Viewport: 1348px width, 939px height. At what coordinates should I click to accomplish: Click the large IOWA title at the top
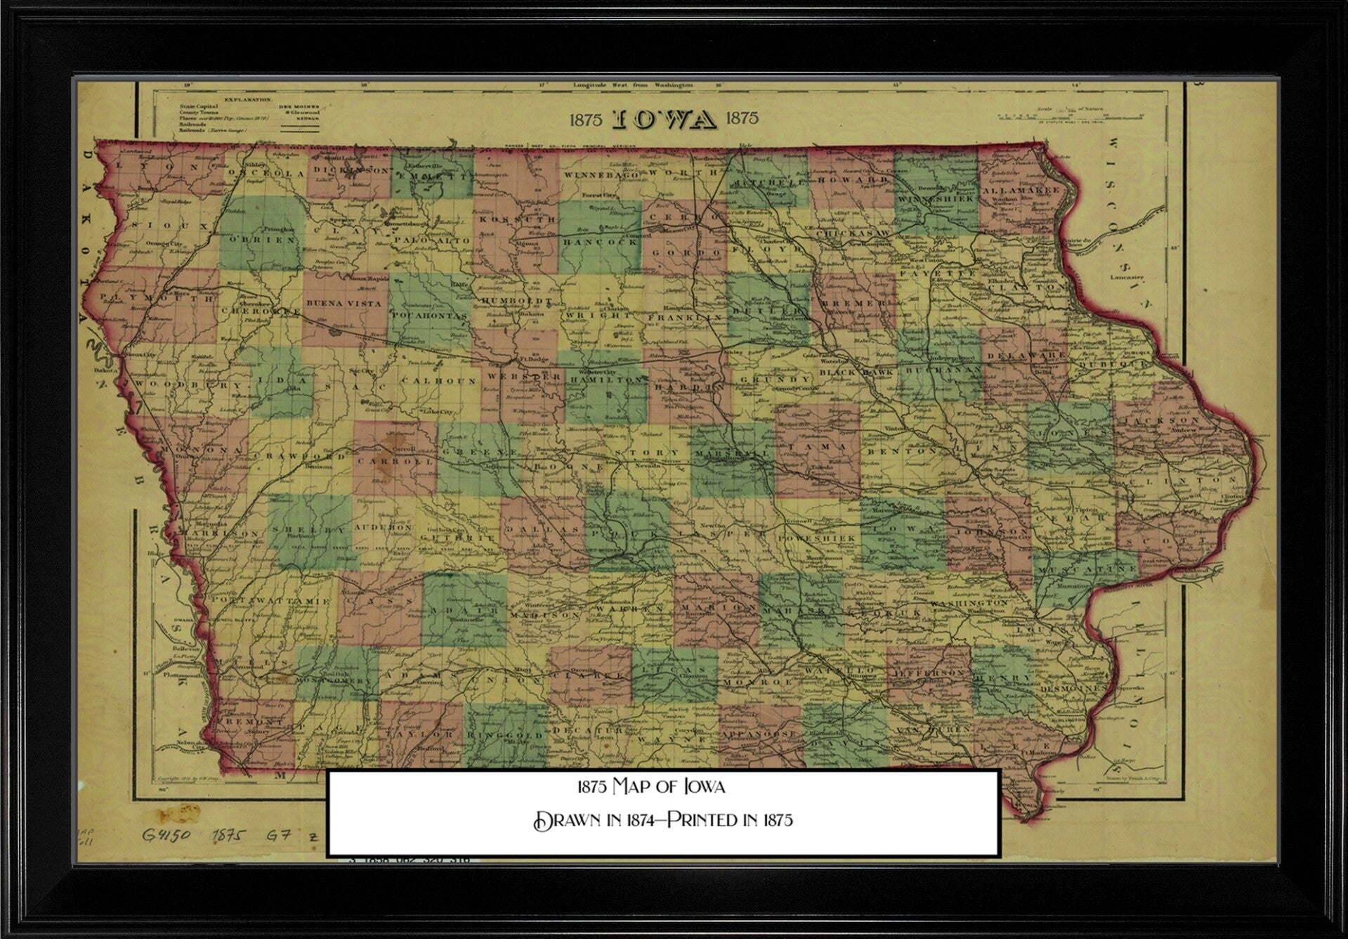point(665,120)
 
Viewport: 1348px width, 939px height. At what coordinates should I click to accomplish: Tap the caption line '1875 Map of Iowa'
point(650,786)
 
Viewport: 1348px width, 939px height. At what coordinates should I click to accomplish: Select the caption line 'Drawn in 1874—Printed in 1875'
point(663,820)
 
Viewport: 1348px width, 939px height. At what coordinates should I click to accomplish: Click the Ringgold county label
point(506,735)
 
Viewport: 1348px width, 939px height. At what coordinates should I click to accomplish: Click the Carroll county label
point(395,462)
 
